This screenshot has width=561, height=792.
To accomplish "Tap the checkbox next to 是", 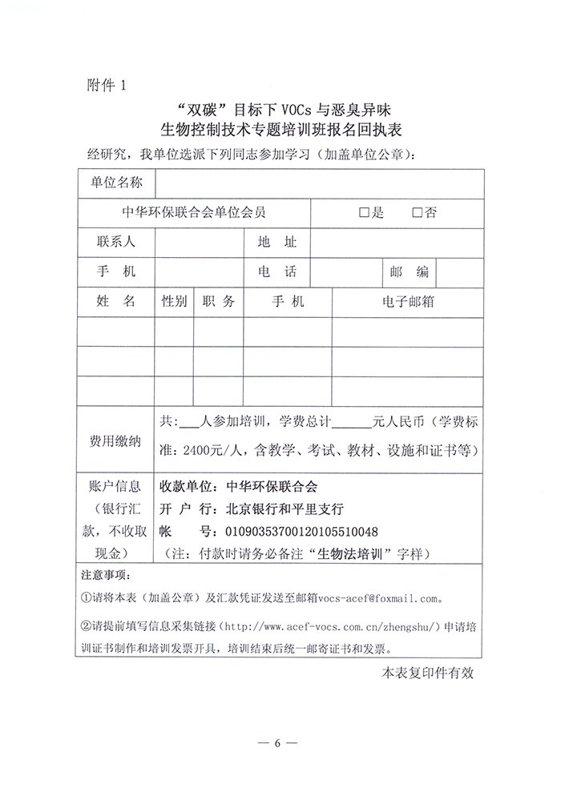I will pos(365,213).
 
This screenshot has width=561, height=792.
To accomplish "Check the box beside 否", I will pos(417,213).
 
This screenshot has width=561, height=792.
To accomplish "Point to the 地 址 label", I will pos(277,242).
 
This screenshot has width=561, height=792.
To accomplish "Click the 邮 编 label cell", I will pos(409,271).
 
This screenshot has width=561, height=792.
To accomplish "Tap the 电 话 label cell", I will pos(277,271).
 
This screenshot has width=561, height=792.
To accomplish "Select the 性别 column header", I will pos(175,302).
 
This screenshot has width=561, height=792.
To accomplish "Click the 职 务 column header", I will pos(219,302).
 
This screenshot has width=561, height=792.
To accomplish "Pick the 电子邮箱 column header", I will pos(409,302).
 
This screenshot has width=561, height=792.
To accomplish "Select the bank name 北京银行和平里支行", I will pos(273,509).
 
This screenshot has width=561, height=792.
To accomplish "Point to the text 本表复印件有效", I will pos(428,673).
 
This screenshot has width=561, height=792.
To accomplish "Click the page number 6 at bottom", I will pos(278,744).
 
